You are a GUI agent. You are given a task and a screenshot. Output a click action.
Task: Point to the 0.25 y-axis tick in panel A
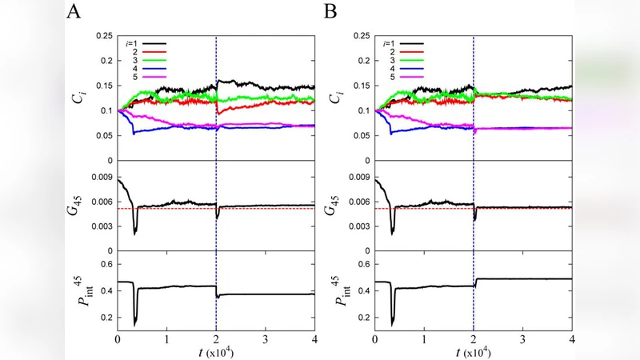pyautogui.click(x=102, y=36)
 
